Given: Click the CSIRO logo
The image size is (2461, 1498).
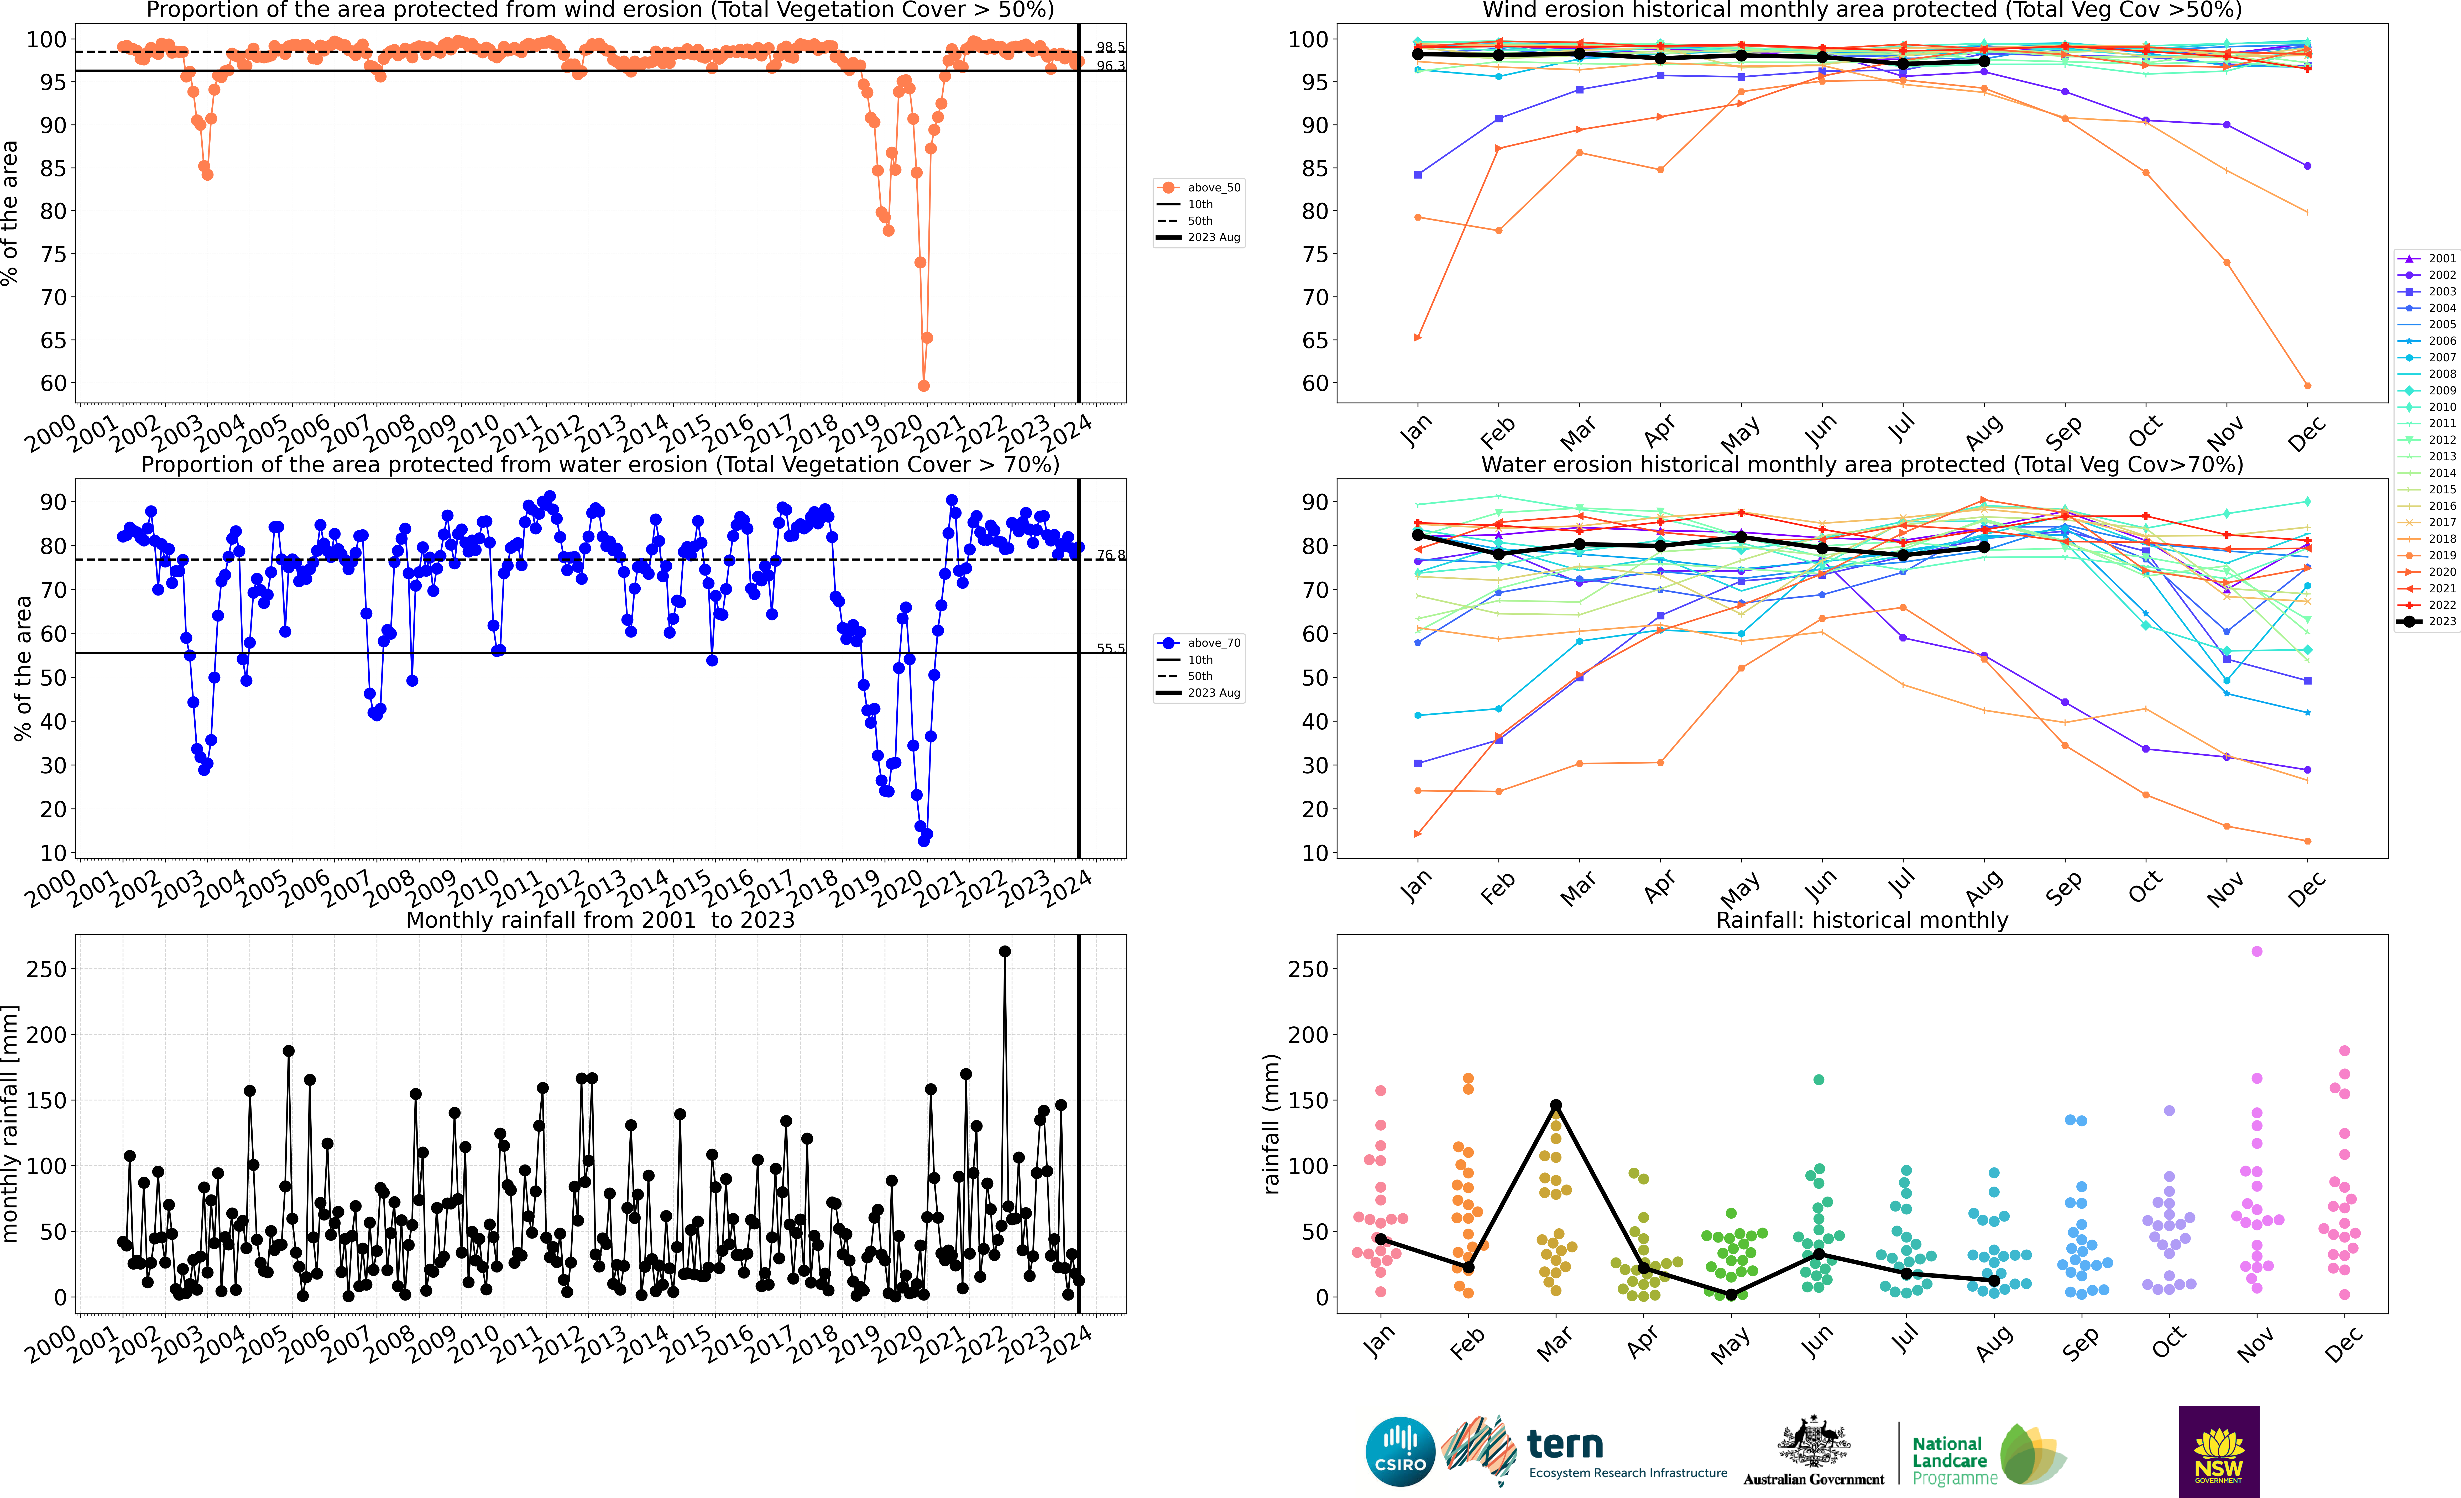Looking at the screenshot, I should [1400, 1451].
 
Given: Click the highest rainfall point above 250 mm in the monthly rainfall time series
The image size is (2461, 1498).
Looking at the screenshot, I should [1005, 952].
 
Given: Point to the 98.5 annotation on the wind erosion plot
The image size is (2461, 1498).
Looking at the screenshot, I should [1110, 47].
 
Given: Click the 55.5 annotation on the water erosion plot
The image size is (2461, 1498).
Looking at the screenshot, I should [1110, 648].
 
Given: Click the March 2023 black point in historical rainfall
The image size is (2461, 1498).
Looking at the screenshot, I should [1556, 1105].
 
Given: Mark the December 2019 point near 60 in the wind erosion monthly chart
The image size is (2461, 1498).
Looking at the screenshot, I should [2307, 385].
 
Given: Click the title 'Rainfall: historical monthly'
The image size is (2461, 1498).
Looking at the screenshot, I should [1862, 920].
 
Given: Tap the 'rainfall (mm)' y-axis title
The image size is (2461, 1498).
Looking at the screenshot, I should [1271, 1124].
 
